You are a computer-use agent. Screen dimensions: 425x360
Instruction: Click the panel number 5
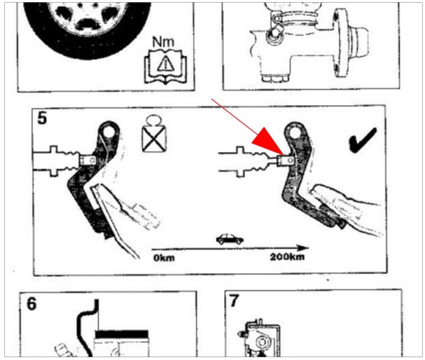coord(42,118)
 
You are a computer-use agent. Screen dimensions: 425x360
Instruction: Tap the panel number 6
coord(32,304)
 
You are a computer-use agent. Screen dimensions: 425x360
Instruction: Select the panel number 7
coord(235,300)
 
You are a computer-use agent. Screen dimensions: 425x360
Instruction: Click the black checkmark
coord(363,139)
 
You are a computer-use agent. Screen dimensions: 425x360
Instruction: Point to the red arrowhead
coord(268,141)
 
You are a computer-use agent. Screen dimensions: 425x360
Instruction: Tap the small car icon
coord(230,239)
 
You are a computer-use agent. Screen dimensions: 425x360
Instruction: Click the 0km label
coord(164,258)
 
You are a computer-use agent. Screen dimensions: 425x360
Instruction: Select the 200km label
coord(287,257)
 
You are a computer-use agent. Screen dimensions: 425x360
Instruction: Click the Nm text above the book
coord(163,42)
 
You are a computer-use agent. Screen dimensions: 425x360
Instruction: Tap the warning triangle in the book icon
coord(165,64)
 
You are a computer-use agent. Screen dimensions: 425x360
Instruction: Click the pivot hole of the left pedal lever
coord(109,132)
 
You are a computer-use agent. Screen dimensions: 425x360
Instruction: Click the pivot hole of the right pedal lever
coord(295,133)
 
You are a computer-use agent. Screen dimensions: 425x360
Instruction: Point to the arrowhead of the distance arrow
coord(303,248)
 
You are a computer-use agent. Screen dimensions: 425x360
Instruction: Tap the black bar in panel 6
coord(122,334)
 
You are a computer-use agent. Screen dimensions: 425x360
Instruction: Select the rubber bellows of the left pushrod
coord(69,161)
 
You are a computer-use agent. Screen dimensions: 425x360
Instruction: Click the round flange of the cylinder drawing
coord(340,43)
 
